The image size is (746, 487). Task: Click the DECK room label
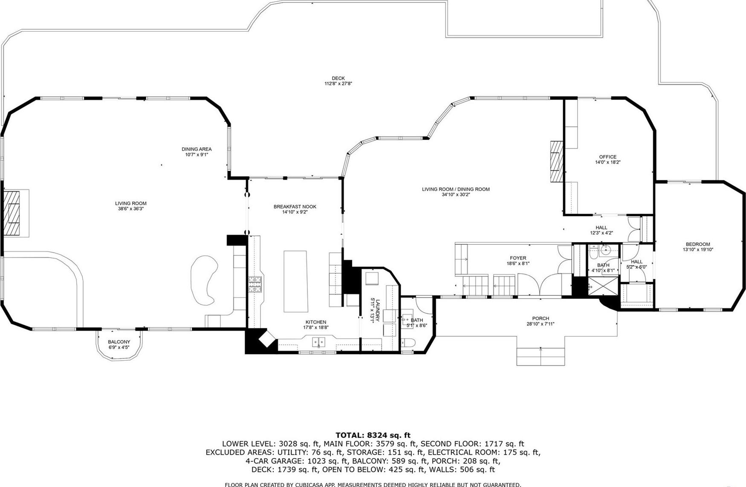click(x=338, y=78)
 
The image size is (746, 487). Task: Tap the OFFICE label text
click(x=607, y=157)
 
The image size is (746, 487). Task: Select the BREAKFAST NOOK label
click(x=295, y=206)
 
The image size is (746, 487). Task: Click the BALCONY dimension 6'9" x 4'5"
click(x=119, y=347)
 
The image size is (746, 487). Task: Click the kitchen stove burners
click(x=255, y=284)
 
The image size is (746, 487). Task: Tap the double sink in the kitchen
click(x=318, y=341)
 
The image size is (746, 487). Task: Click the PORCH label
click(x=541, y=318)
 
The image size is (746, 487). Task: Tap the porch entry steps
click(x=541, y=356)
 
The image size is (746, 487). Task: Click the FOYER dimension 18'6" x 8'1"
click(x=518, y=264)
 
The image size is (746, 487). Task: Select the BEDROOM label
click(x=698, y=244)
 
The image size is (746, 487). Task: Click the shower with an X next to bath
click(x=603, y=286)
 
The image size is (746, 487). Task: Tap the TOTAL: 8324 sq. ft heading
click(x=373, y=435)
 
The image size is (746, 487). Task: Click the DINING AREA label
click(x=197, y=149)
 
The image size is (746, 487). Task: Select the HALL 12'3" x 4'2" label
click(x=601, y=230)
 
